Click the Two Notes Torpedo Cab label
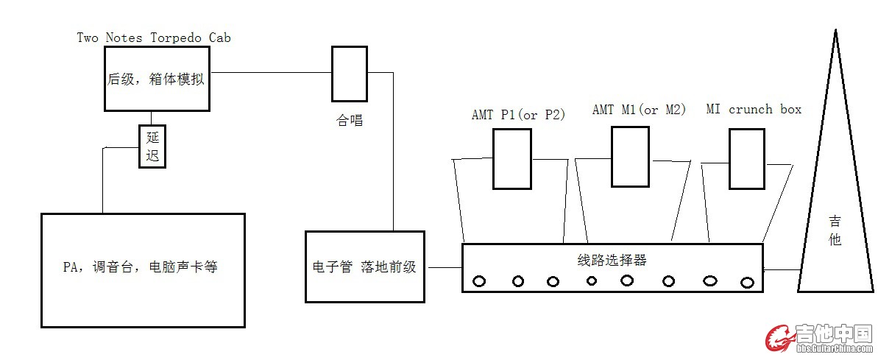pos(153,38)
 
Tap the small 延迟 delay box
pos(152,146)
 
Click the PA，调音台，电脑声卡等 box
pos(142,269)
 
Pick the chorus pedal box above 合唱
pos(349,74)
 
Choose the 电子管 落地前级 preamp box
pos(364,267)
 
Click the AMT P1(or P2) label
pos(518,115)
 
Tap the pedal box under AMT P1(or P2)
pos(512,158)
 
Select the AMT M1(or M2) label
pos(639,110)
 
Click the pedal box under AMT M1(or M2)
pos(630,156)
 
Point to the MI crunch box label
pos(753,110)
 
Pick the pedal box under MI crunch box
pos(748,158)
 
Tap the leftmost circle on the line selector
pos(480,280)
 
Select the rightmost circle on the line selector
pos(747,282)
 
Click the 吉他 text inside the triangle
pos(835,230)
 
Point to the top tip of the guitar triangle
pos(835,32)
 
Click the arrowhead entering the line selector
pos(768,270)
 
